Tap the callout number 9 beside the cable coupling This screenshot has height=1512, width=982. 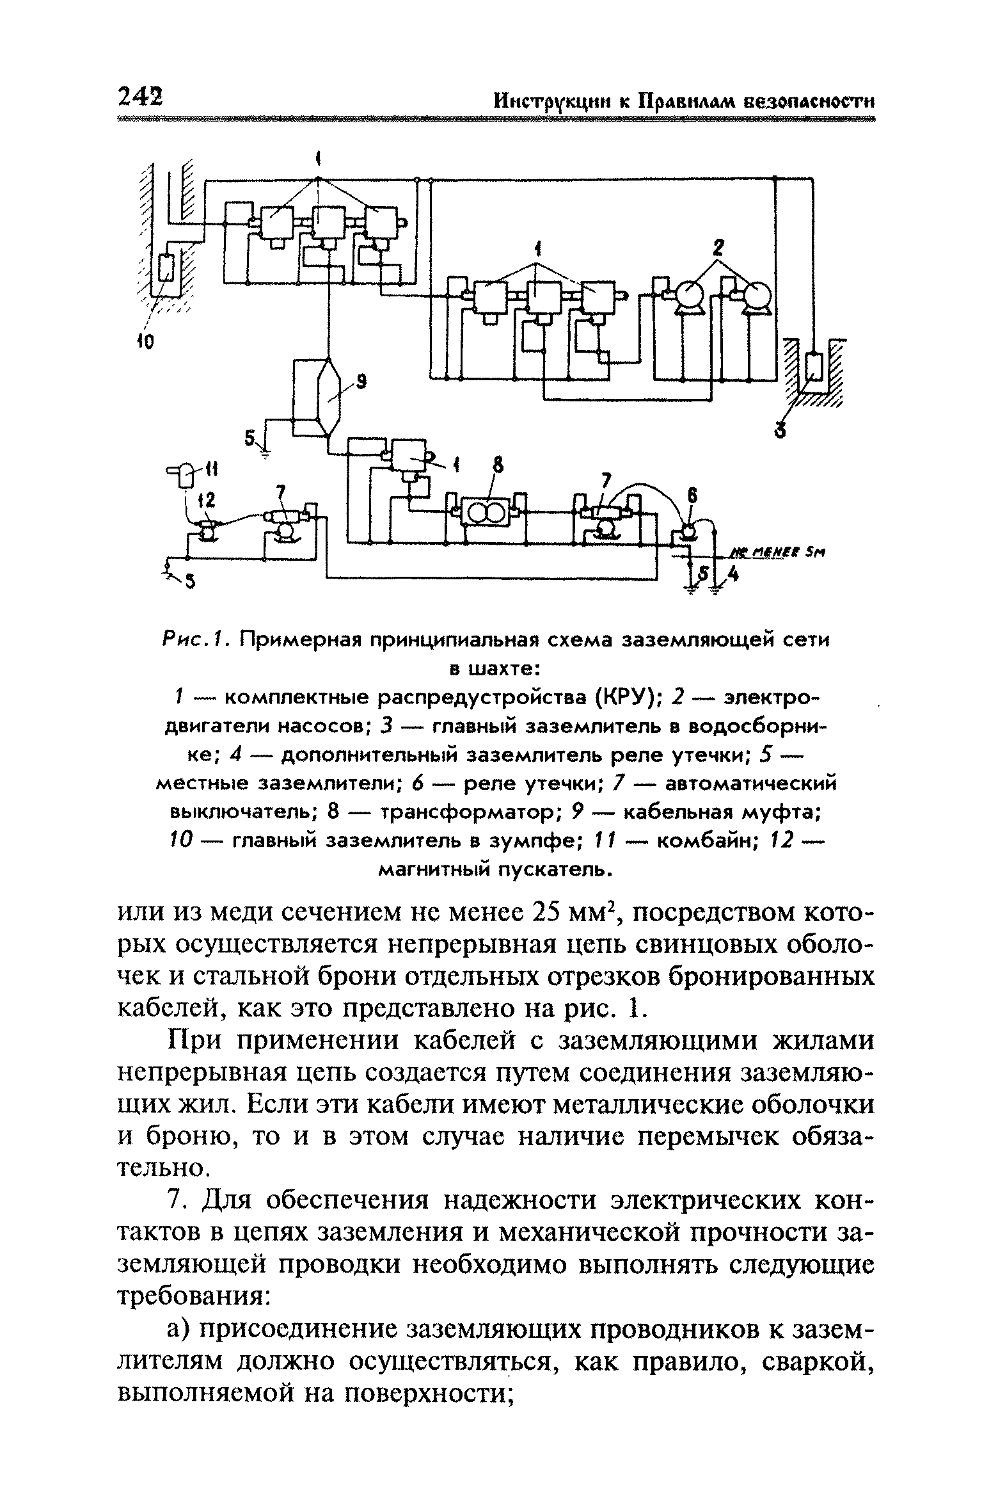tap(361, 383)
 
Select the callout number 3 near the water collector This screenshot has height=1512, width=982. tap(779, 430)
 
